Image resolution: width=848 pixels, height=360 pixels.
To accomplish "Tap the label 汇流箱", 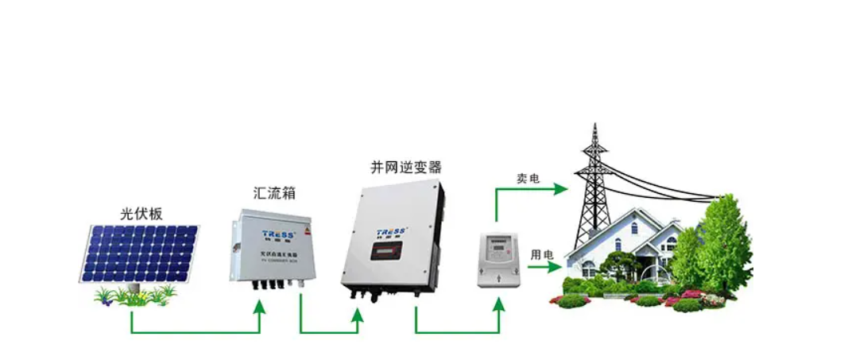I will pos(273,193).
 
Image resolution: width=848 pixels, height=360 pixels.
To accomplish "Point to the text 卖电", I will pos(529,179).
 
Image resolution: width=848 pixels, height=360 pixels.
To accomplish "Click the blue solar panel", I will pos(140,253).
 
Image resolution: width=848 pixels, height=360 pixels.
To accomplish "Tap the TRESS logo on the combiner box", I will pos(278,234).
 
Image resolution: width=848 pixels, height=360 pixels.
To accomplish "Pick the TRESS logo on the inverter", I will pos(393,232).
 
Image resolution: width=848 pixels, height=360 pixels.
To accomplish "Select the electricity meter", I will pos(494,258).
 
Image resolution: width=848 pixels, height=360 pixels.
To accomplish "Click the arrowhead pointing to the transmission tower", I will pos(562,189).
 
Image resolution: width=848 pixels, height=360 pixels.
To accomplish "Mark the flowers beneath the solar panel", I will pos(135,296).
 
